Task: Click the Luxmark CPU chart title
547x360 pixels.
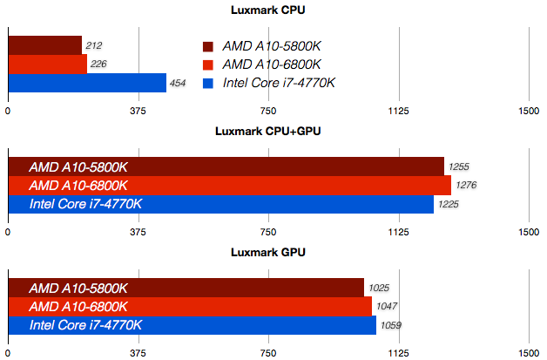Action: click(268, 10)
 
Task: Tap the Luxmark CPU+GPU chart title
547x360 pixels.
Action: click(268, 132)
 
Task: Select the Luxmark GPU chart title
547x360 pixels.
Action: click(268, 253)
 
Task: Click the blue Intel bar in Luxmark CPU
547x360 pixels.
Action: click(87, 83)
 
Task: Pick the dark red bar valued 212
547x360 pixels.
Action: click(44, 45)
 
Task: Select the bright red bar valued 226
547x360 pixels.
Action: click(47, 64)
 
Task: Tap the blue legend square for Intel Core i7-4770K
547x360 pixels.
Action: click(207, 84)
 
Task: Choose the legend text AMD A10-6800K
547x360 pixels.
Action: click(272, 65)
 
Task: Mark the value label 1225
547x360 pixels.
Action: click(449, 205)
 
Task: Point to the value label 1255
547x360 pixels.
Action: click(459, 166)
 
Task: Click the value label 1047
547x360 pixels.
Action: click(386, 307)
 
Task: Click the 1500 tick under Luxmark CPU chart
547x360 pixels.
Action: click(528, 111)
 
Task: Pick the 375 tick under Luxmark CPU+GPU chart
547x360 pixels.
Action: click(138, 233)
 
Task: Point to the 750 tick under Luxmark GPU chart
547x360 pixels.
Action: click(268, 354)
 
